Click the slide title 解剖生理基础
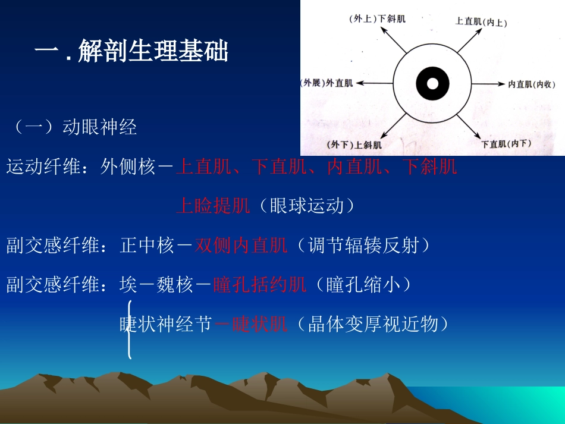point(153,52)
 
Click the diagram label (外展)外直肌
point(327,83)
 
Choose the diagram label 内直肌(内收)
point(531,84)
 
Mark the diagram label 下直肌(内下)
point(506,143)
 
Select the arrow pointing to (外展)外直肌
point(373,83)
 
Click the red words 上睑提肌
point(213,206)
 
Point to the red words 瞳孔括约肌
point(260,285)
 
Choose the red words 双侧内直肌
point(241,245)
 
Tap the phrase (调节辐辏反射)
point(359,245)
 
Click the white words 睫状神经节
point(166,324)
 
